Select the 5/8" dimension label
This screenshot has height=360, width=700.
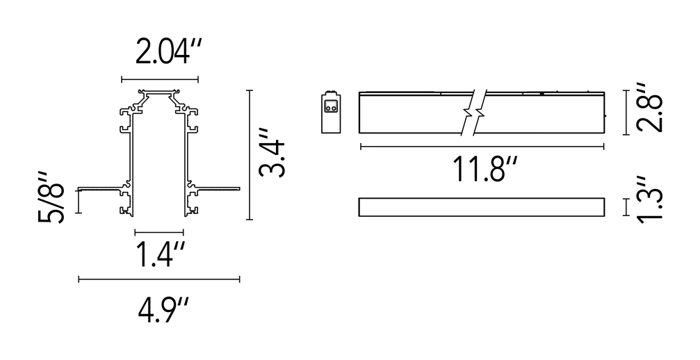tap(51, 196)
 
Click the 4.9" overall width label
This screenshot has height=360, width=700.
tap(163, 311)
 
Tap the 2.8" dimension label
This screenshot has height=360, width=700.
tap(648, 107)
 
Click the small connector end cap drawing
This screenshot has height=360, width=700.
tap(331, 112)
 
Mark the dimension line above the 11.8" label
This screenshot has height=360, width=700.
tap(482, 147)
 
